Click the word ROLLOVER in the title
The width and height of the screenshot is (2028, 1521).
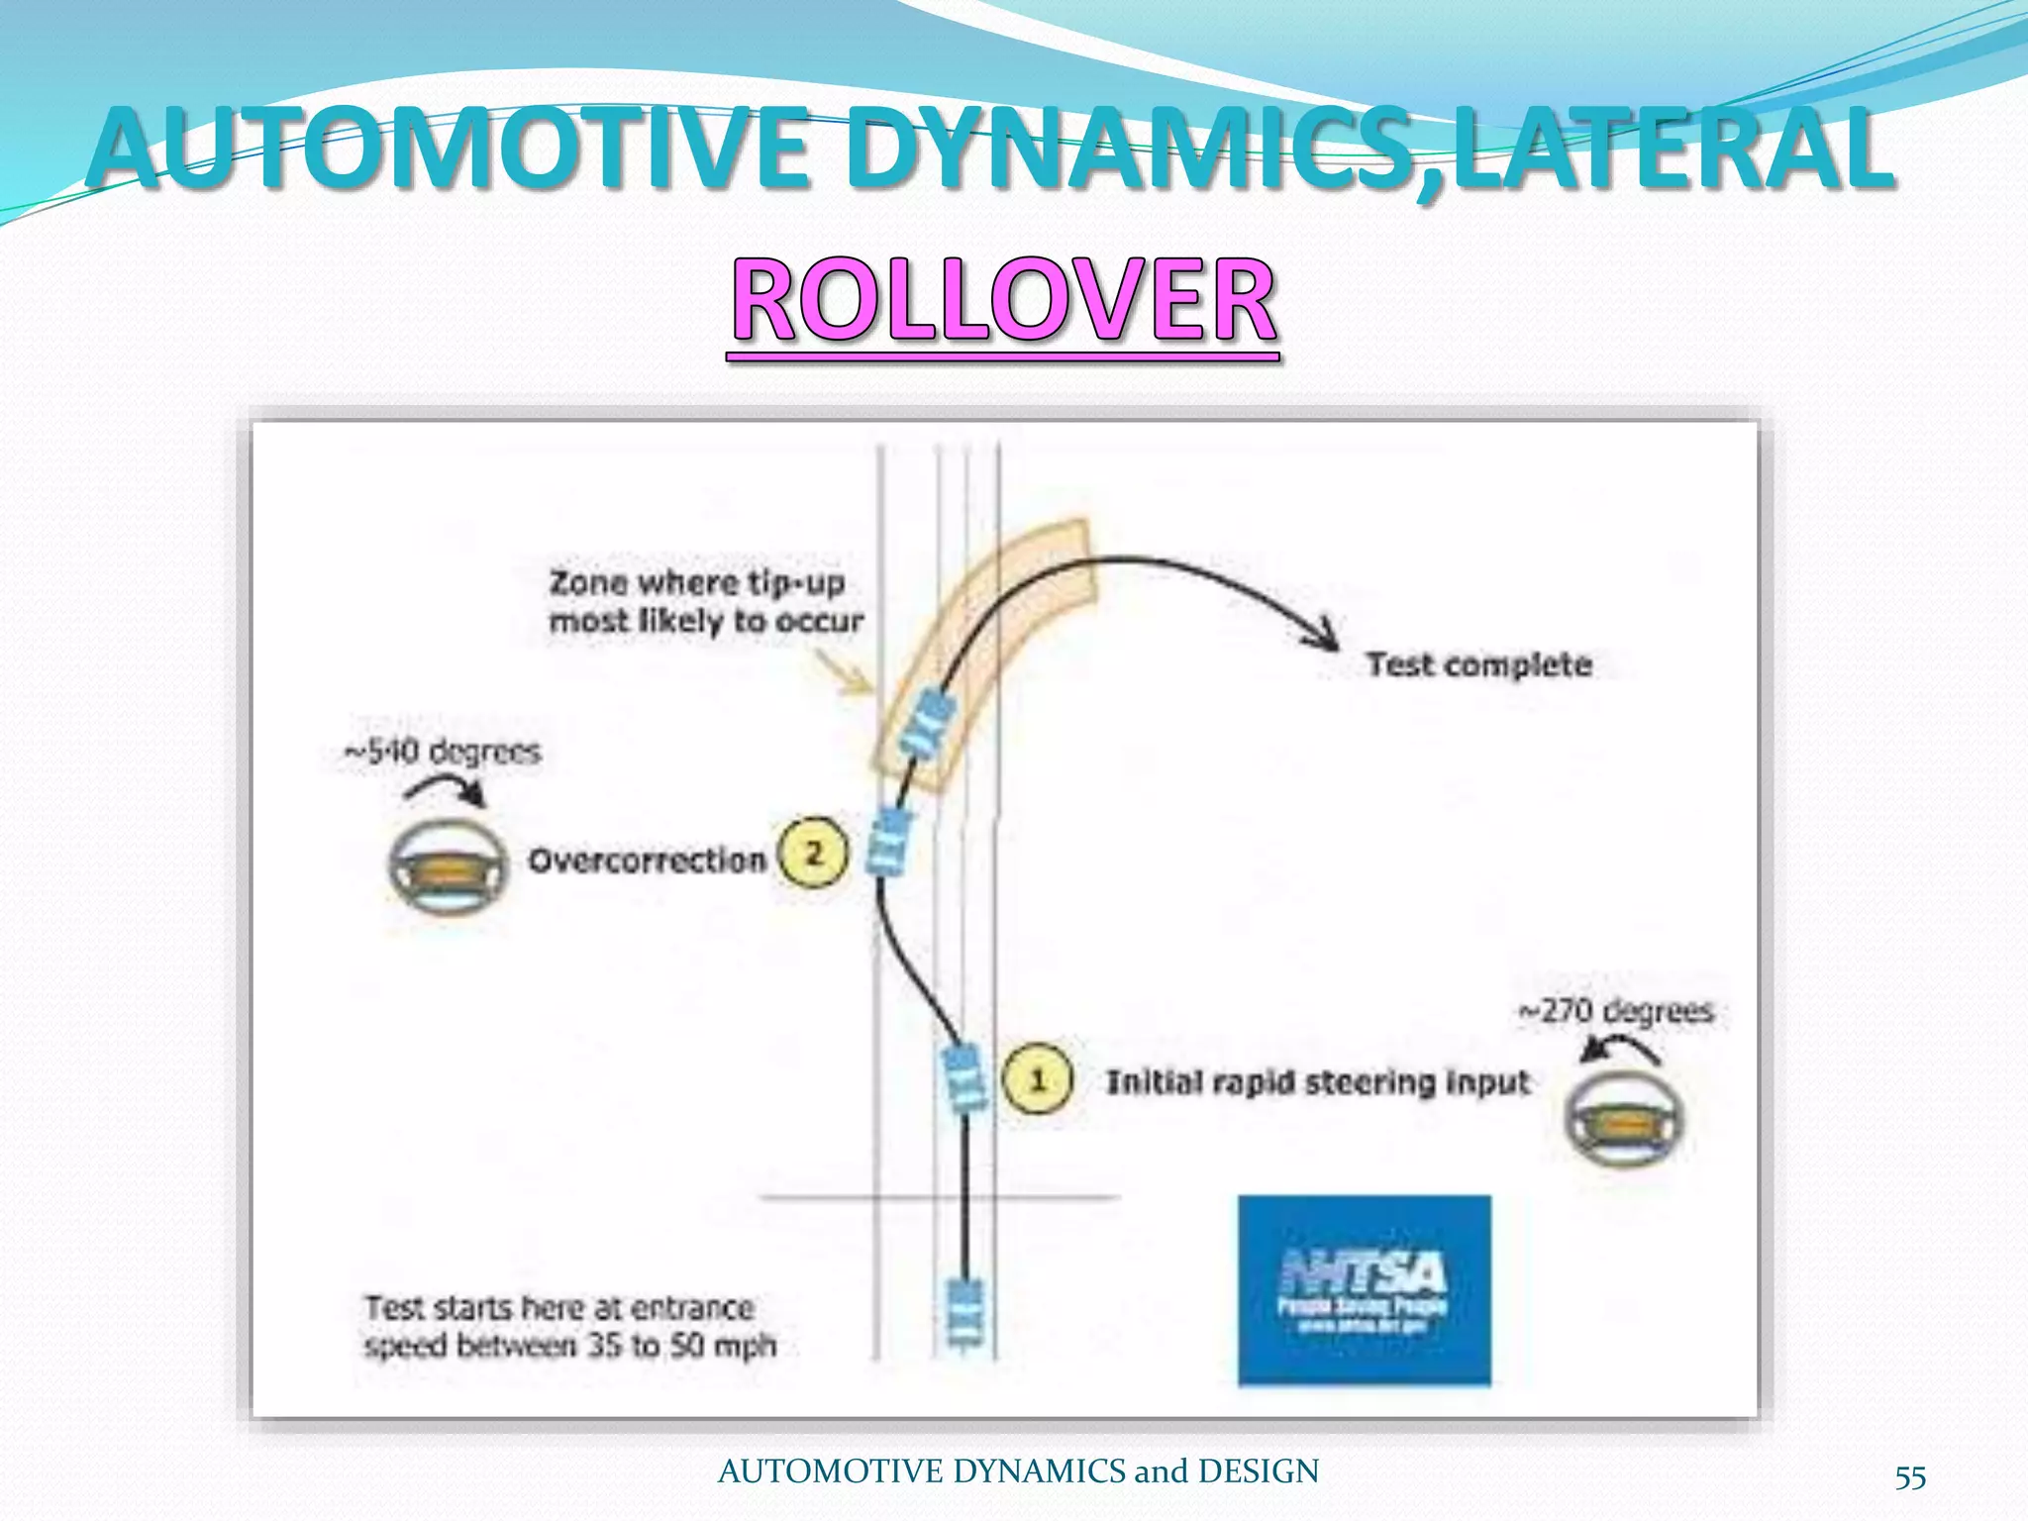pyautogui.click(x=1003, y=300)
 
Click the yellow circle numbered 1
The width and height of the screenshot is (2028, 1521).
pyautogui.click(x=1037, y=1079)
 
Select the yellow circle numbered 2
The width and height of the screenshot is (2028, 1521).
pyautogui.click(x=813, y=853)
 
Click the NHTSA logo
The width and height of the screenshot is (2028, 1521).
pyautogui.click(x=1364, y=1289)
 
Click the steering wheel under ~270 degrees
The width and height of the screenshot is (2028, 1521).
pyautogui.click(x=1623, y=1117)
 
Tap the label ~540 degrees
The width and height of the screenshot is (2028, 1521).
pyautogui.click(x=443, y=752)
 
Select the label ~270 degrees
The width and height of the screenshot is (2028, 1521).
pyautogui.click(x=1616, y=1011)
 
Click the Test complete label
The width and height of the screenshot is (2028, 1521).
pyautogui.click(x=1479, y=664)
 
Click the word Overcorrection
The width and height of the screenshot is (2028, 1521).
pyautogui.click(x=648, y=861)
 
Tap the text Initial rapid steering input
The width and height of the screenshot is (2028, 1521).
pyautogui.click(x=1317, y=1082)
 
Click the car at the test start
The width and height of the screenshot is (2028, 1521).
pyautogui.click(x=964, y=1310)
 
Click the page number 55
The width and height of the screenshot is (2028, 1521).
pyautogui.click(x=1910, y=1477)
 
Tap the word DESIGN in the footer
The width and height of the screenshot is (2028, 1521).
pyautogui.click(x=1259, y=1471)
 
